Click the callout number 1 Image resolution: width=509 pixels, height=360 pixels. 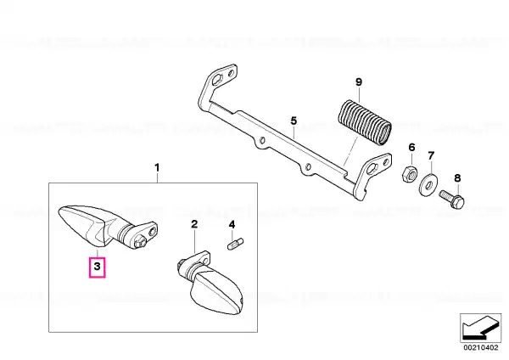point(157,168)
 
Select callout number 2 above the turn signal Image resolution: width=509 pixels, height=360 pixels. point(194,224)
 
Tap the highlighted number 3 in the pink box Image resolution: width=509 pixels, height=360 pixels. point(97,267)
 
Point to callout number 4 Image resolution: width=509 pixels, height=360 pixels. point(232,224)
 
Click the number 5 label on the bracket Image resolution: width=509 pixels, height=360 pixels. point(294,121)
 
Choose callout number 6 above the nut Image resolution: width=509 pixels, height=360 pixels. point(411,147)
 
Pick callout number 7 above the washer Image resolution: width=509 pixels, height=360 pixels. point(431,155)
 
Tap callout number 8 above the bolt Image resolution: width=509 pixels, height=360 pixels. point(457,178)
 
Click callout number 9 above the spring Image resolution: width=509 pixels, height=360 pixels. point(358,82)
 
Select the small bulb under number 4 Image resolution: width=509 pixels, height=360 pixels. point(236,244)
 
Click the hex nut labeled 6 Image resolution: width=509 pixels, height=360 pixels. point(409,174)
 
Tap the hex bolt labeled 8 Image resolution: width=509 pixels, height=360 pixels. point(452,200)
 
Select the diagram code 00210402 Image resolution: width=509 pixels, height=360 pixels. point(481,347)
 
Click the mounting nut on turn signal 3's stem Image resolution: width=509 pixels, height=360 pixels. point(140,243)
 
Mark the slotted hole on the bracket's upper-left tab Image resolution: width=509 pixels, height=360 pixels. point(218,79)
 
